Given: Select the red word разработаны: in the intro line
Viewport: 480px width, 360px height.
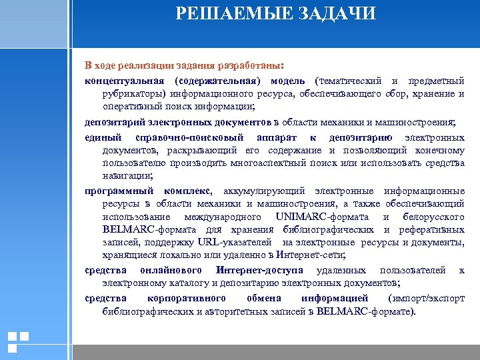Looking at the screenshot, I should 250,67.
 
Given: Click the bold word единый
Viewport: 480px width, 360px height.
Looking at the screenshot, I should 103,138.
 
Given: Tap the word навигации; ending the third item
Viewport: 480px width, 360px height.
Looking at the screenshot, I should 128,176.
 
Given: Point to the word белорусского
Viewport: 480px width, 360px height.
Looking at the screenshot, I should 434,217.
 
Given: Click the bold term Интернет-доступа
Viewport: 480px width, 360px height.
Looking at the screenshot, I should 259,270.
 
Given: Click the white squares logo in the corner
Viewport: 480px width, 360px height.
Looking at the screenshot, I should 18,342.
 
